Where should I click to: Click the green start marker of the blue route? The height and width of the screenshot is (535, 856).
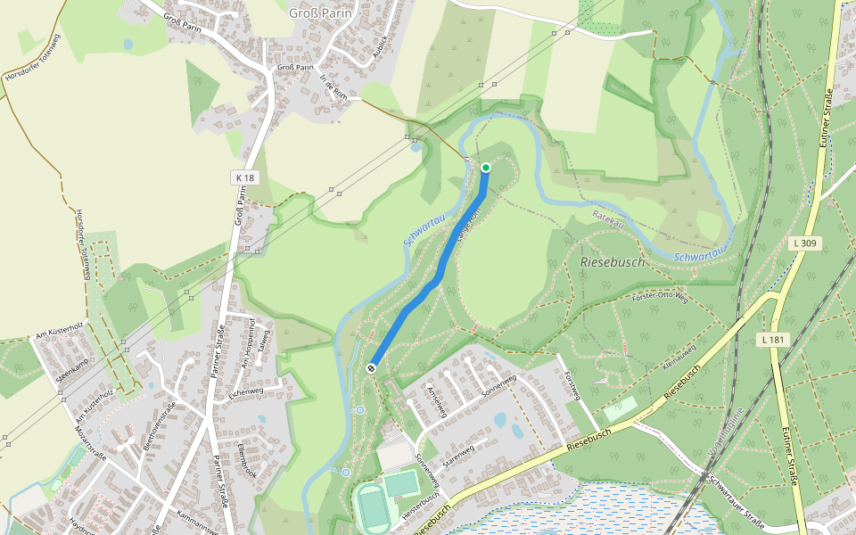(x=486, y=168)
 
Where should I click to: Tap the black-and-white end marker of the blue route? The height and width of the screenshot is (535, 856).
(x=371, y=368)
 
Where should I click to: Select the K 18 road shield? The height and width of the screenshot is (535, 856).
(x=246, y=178)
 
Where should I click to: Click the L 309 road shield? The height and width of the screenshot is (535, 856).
(x=805, y=243)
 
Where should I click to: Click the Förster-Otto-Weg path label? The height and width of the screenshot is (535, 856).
(x=660, y=296)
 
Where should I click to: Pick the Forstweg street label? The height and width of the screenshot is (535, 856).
(x=574, y=389)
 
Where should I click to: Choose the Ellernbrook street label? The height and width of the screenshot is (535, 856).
(x=248, y=461)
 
